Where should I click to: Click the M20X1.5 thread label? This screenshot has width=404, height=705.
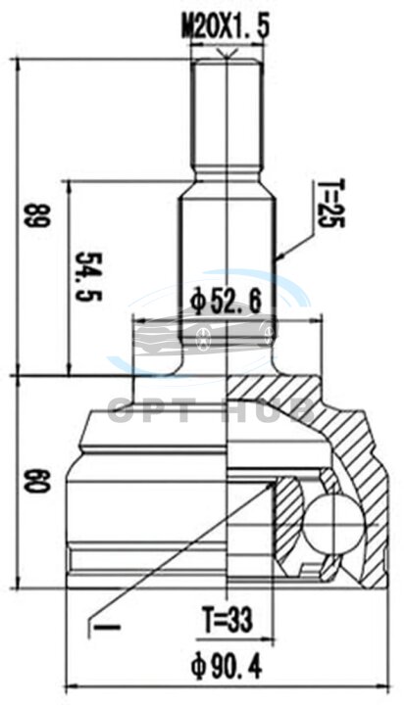coord(226,27)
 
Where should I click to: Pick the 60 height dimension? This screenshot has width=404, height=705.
coord(38,481)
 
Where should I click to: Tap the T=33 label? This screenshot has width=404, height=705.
coord(227,620)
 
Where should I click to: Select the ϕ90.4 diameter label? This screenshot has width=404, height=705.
coord(226,667)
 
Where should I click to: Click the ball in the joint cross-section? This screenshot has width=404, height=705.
coord(333,523)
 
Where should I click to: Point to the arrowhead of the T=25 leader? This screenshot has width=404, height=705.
coord(279,257)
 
